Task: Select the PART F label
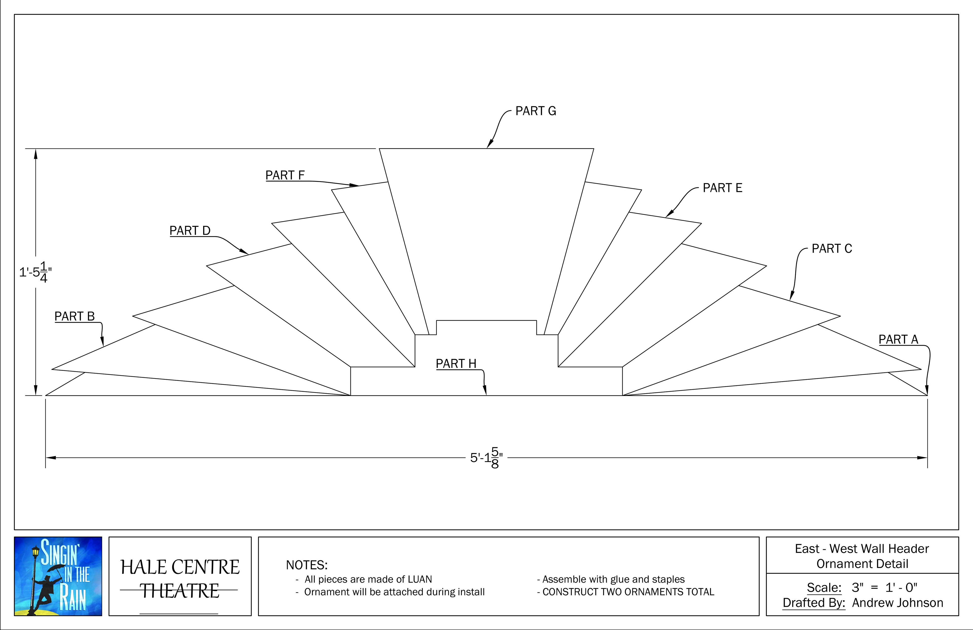285,175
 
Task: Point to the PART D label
190,231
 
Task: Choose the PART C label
832,249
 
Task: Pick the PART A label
898,339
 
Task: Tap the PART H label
456,364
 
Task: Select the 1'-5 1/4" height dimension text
35,272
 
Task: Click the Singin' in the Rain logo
58,576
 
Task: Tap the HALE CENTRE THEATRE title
180,579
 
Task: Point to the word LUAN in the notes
419,579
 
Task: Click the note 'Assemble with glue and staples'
613,579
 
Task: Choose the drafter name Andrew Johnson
897,603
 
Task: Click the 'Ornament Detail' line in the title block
862,564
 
